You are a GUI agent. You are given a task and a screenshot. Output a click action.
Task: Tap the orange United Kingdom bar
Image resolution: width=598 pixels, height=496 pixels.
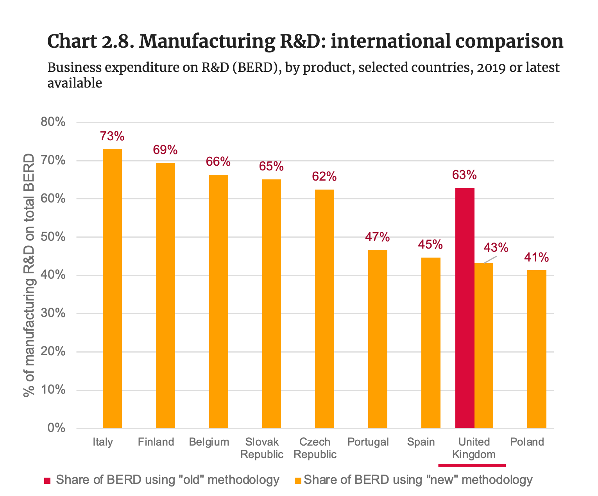pyautogui.click(x=484, y=346)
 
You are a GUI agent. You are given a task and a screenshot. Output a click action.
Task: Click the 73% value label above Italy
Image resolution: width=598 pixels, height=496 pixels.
pyautogui.click(x=112, y=136)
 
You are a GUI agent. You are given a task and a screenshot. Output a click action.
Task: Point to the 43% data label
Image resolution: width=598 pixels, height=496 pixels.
pyautogui.click(x=496, y=247)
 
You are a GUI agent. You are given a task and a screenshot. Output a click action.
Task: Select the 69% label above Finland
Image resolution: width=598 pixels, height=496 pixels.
pyautogui.click(x=165, y=150)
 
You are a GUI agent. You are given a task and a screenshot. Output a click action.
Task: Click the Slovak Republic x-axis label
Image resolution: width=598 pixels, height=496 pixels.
pyautogui.click(x=262, y=448)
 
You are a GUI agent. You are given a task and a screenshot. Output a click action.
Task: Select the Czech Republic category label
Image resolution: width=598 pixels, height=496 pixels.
pyautogui.click(x=315, y=448)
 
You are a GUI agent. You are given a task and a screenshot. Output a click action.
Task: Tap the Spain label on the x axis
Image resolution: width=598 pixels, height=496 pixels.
pyautogui.click(x=421, y=442)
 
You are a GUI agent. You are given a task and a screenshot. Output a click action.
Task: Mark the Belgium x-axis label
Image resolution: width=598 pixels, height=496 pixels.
pyautogui.click(x=209, y=442)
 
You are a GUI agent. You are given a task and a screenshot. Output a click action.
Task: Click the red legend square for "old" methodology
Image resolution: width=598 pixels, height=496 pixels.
pyautogui.click(x=47, y=480)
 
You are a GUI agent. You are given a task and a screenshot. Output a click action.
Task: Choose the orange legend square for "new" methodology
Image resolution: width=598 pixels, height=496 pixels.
pyautogui.click(x=298, y=480)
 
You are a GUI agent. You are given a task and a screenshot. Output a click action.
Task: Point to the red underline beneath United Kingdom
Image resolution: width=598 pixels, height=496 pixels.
pyautogui.click(x=472, y=465)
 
